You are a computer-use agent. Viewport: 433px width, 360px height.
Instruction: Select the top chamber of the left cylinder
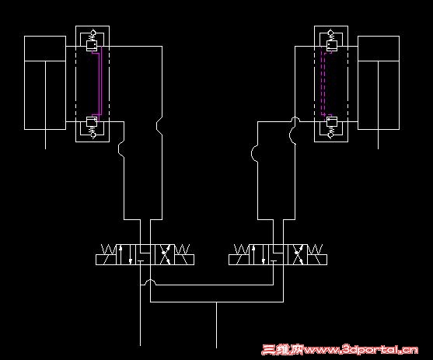(x=45, y=48)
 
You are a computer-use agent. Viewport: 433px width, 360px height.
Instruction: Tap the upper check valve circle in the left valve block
(x=93, y=33)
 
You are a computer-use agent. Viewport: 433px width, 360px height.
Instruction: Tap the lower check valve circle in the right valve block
(x=331, y=135)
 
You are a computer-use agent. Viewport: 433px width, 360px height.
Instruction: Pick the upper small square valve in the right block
(x=331, y=46)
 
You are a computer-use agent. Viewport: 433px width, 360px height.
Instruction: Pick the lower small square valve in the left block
(x=92, y=121)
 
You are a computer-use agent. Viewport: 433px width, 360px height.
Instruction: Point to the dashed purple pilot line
(x=323, y=83)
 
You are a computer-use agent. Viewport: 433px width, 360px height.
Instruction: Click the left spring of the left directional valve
(x=109, y=250)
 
